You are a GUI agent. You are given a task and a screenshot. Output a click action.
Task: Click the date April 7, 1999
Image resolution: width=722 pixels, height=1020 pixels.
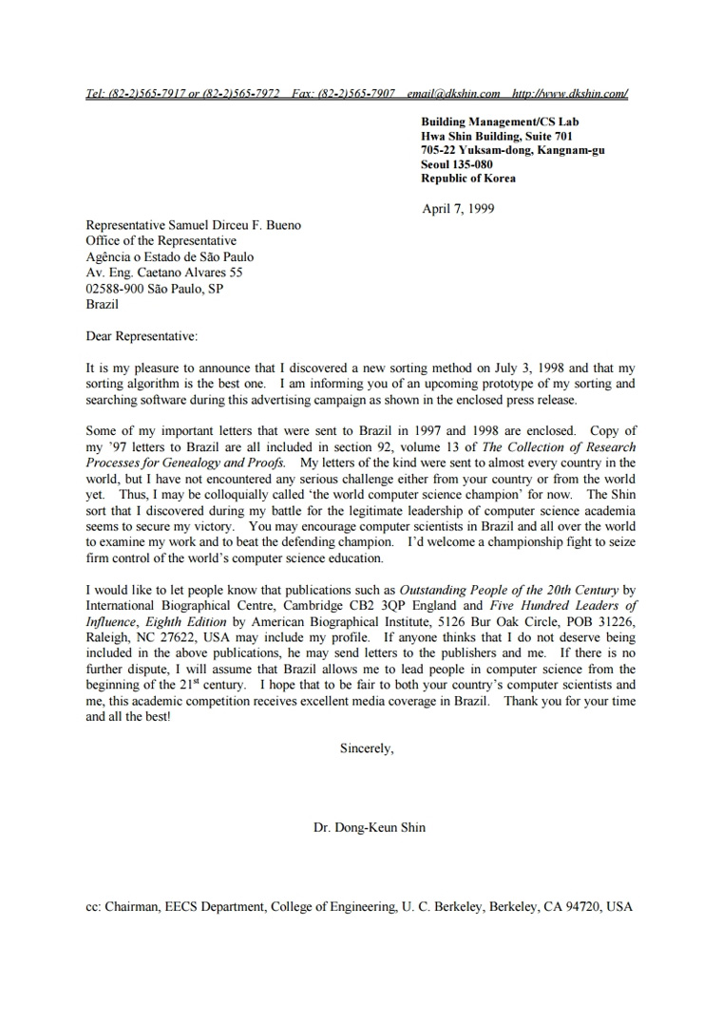[458, 209]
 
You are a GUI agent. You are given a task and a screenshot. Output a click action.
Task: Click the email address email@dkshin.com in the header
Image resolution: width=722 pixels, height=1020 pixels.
[453, 94]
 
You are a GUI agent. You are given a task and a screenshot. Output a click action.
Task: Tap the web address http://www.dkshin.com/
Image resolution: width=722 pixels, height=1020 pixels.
[569, 94]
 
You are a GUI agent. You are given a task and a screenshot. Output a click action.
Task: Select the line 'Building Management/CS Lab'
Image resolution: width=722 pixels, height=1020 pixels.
[500, 122]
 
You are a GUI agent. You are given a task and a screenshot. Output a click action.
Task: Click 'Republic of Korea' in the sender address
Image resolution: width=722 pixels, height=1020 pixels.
[469, 179]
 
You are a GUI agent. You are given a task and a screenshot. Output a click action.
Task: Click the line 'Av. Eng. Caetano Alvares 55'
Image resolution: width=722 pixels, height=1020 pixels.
[163, 273]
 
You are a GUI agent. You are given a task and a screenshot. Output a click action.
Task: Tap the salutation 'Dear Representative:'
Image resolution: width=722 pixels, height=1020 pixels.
[142, 336]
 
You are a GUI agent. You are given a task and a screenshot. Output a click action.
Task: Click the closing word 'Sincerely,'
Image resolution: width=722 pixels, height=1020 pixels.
[367, 748]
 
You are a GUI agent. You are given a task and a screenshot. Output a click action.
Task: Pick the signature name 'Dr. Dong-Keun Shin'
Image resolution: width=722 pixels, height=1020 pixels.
[370, 827]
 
